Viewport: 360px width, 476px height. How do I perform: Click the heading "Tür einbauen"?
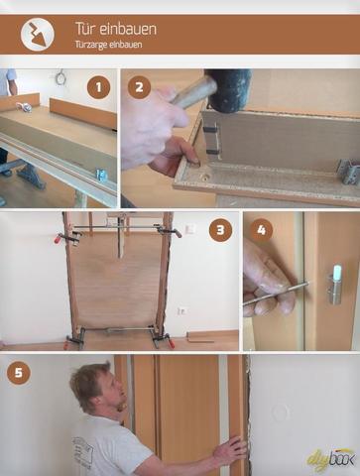click(116, 29)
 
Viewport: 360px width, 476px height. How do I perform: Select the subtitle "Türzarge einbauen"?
click(108, 45)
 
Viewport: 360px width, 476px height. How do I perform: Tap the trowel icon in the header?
click(38, 35)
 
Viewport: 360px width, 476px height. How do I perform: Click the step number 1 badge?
click(98, 87)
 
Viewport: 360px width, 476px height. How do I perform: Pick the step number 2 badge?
click(139, 87)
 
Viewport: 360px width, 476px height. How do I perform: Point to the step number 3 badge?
click(220, 230)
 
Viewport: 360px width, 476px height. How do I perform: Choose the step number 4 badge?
click(261, 230)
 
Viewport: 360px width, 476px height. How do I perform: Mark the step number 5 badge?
click(19, 373)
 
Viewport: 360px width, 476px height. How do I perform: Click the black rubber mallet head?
click(228, 88)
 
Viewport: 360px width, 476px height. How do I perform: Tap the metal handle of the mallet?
click(192, 92)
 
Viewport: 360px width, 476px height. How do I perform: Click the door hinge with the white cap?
click(336, 284)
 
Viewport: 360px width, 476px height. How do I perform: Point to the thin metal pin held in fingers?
click(277, 294)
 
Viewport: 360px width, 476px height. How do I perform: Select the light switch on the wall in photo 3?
click(190, 228)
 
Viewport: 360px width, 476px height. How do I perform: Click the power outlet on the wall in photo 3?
click(183, 310)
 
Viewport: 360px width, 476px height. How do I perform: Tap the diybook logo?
click(331, 458)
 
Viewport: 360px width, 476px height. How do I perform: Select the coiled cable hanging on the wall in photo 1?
click(60, 78)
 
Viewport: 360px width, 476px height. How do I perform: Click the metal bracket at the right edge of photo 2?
click(349, 171)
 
